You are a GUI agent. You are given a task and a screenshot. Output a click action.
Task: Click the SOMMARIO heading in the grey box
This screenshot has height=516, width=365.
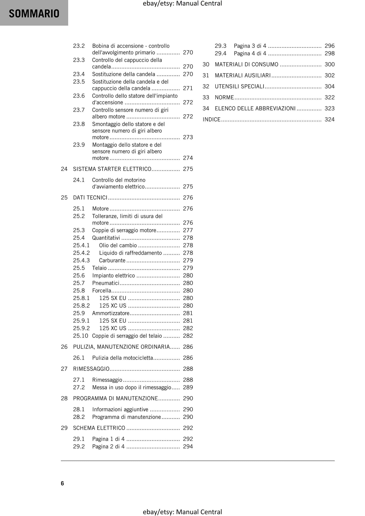(x=34, y=14)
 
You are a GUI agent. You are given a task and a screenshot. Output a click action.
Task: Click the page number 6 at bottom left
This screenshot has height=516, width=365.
(x=62, y=483)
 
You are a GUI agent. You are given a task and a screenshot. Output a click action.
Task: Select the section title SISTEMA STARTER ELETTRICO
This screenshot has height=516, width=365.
(x=112, y=169)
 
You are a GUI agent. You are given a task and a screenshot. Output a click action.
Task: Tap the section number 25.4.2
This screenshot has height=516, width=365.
(x=81, y=253)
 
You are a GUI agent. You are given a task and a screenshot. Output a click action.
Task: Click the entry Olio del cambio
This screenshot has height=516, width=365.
(x=118, y=245)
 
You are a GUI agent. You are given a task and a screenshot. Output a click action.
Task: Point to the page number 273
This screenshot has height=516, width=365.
(x=188, y=137)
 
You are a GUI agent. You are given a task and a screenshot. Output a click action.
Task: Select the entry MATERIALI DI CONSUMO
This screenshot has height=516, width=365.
(x=246, y=64)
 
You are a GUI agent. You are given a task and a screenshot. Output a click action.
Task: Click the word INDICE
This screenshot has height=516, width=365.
(x=212, y=119)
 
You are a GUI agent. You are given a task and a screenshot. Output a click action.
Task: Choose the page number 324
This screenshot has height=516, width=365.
(x=329, y=119)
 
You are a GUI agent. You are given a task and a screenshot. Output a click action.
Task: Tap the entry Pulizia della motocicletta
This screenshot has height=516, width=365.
(x=123, y=358)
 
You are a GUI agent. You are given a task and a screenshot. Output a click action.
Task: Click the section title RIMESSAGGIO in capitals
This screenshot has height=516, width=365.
(x=91, y=369)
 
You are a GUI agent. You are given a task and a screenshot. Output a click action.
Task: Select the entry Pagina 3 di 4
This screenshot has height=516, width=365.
(x=250, y=46)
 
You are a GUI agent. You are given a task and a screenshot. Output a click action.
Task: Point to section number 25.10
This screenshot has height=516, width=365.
(x=81, y=336)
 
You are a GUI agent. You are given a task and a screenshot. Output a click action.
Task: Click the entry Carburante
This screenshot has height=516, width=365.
(x=112, y=260)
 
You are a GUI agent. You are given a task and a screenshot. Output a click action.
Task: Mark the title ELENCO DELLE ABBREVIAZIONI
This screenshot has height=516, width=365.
(x=255, y=108)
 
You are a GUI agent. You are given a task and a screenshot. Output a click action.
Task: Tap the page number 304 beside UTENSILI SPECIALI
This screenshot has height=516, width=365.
(x=329, y=87)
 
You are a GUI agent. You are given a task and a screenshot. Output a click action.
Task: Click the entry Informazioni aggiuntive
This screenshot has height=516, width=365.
(x=120, y=409)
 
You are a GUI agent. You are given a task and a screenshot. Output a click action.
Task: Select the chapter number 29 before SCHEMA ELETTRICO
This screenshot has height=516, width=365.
(x=64, y=428)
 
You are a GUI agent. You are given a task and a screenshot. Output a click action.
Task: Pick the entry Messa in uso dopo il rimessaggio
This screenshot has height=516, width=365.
(x=132, y=387)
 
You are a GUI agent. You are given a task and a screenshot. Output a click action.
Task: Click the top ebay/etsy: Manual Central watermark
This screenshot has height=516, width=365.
(x=182, y=4)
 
